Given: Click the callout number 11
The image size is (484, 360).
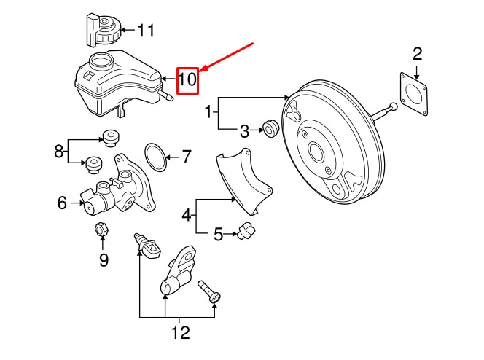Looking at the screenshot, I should tap(146, 31).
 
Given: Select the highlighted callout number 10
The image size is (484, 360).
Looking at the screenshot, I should tap(187, 79).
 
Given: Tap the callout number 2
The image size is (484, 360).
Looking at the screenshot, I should tap(417, 53).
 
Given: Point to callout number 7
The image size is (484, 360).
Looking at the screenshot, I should tap(186, 156).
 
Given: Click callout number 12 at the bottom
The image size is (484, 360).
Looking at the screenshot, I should tap(179, 333).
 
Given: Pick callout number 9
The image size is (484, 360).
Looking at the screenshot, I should tap(103, 259).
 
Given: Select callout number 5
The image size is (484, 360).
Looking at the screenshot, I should tap(218, 234).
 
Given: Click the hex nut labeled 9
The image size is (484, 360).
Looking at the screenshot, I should tap(102, 230).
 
